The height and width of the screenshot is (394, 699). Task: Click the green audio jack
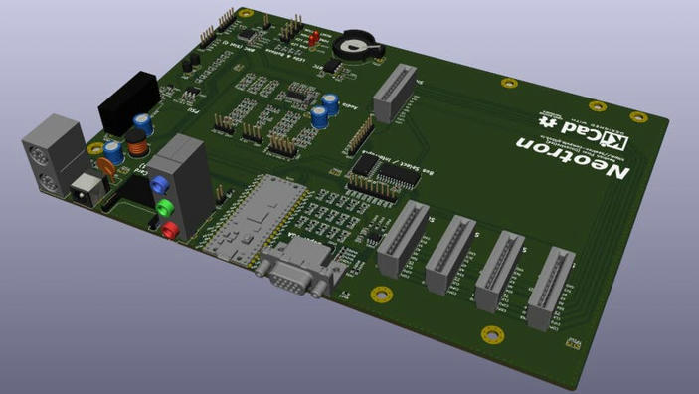pyautogui.click(x=166, y=208)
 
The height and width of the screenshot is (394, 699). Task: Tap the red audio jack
pyautogui.click(x=170, y=231)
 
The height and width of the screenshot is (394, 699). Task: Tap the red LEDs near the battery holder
pyautogui.click(x=313, y=40)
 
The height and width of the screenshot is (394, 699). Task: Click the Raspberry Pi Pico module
pyautogui.click(x=254, y=217)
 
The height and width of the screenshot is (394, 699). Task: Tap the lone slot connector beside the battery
pyautogui.click(x=394, y=92)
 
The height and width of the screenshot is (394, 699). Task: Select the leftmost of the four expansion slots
pyautogui.click(x=402, y=237)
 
